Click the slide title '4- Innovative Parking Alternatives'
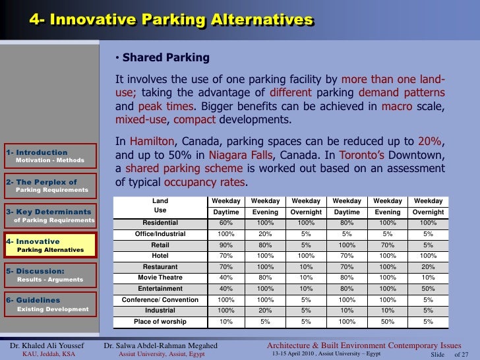[x=171, y=20]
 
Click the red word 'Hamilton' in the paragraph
[x=152, y=141]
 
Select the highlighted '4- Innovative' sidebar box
[x=49, y=245]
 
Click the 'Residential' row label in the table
[x=160, y=222]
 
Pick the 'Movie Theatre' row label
[x=160, y=278]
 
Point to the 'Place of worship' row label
[x=160, y=322]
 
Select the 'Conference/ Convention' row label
[x=160, y=300]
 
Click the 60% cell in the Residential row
[x=226, y=222]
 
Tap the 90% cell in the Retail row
[x=226, y=245]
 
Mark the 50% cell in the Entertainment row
[x=428, y=289]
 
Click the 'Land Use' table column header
[x=160, y=206]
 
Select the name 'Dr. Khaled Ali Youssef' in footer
[x=47, y=345]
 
